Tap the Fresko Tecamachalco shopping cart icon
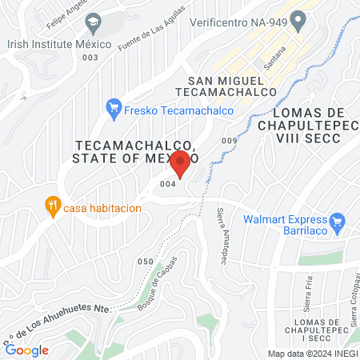click(x=114, y=106)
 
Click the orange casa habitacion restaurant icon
click(x=53, y=206)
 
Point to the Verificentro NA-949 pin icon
click(x=298, y=18)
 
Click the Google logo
click(x=26, y=350)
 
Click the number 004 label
click(x=167, y=184)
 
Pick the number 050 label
click(x=145, y=262)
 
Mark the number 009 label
click(x=230, y=142)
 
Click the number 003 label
click(x=90, y=57)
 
